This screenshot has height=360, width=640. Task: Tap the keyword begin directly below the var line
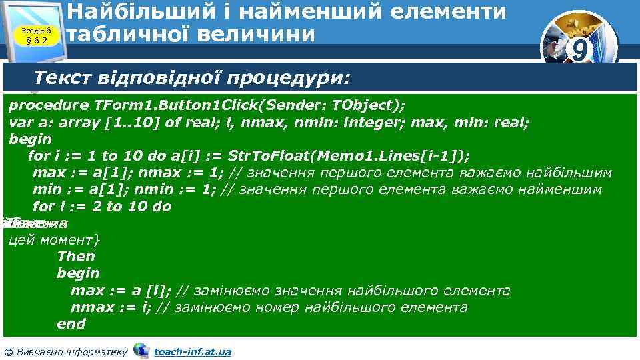[30, 139]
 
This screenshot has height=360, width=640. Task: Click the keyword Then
[76, 257]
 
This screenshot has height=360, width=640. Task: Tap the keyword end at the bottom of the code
[71, 324]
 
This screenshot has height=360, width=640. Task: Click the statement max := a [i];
[121, 291]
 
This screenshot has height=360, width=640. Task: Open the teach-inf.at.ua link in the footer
[192, 351]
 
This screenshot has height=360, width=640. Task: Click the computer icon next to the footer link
[141, 350]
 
